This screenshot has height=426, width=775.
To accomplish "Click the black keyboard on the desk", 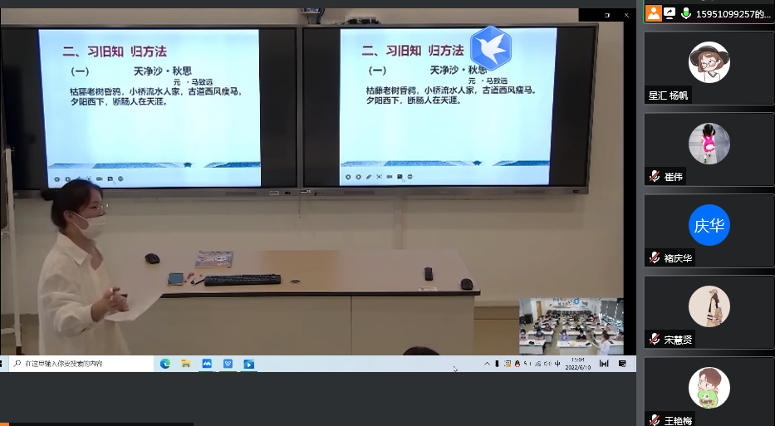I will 243,280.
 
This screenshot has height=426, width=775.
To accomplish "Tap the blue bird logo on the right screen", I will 490,47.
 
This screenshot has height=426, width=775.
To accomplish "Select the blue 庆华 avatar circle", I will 709,225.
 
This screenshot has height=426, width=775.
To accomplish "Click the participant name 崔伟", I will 674,177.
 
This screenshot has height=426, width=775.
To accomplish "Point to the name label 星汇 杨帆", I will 669,95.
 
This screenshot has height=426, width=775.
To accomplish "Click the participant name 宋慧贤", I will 678,340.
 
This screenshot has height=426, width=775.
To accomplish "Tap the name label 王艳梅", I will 678,420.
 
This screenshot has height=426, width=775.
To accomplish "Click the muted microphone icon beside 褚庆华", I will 655,258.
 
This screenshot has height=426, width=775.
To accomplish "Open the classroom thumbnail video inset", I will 571,326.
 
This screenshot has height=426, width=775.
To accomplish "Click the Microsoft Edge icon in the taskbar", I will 165,364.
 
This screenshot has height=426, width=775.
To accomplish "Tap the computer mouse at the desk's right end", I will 467,284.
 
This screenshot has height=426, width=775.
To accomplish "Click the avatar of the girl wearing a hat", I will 709,62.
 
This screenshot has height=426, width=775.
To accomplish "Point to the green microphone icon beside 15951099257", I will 686,13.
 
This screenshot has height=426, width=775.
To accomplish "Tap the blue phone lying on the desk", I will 175,278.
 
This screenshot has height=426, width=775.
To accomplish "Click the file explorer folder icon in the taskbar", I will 186,364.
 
